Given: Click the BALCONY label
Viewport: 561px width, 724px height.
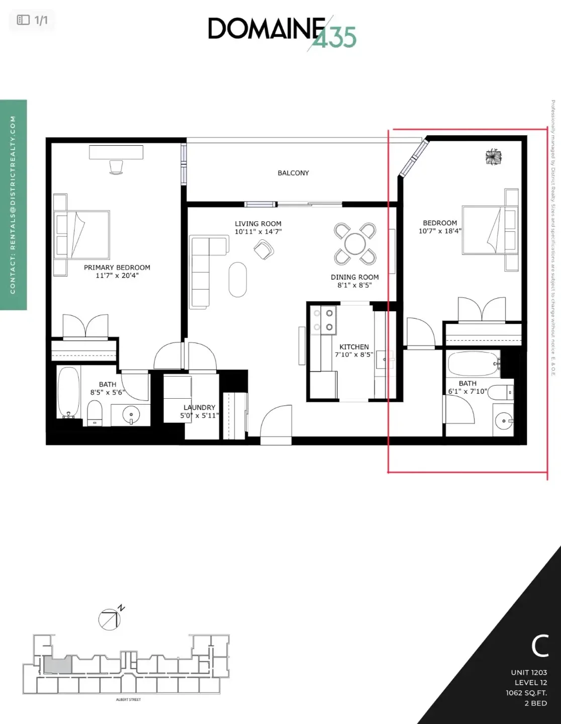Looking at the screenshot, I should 293,173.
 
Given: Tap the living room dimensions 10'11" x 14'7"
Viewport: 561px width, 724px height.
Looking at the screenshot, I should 258,232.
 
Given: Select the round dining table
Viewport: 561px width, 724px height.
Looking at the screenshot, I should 355,244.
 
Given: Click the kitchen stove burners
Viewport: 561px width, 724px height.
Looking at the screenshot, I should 323,320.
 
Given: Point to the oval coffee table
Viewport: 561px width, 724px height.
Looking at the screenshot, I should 238,280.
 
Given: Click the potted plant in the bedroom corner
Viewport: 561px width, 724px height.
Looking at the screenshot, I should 493,157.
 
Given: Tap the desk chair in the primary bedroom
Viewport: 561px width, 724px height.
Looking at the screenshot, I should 116,167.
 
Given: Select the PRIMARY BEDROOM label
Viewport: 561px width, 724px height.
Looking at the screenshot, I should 117,267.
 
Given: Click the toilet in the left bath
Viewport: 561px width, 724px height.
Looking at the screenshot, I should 95,412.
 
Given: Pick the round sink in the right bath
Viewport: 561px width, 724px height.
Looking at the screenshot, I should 503,420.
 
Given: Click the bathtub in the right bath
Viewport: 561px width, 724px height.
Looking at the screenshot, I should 473,364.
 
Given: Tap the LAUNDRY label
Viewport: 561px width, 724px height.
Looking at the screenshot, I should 199,407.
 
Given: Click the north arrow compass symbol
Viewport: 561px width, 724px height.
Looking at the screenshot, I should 110,619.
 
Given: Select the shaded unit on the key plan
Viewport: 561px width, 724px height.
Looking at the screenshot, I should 58,666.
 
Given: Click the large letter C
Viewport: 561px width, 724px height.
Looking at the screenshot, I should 540,646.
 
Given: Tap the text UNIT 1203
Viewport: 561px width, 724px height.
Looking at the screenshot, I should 529,672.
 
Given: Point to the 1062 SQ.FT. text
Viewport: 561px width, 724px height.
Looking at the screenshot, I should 526,693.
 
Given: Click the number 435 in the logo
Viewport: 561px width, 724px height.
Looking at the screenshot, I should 334,38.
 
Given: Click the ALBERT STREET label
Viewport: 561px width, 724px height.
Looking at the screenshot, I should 128,699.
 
